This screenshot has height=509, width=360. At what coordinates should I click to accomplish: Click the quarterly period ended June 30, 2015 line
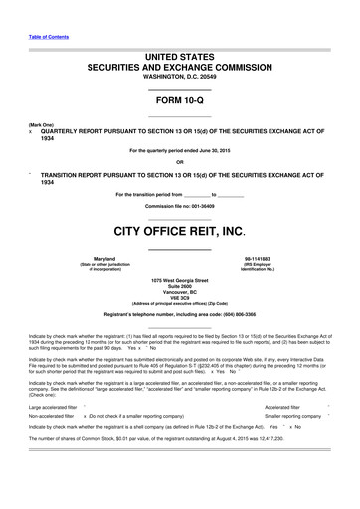click(180, 151)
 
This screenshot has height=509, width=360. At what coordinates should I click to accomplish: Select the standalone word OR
click(180, 164)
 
